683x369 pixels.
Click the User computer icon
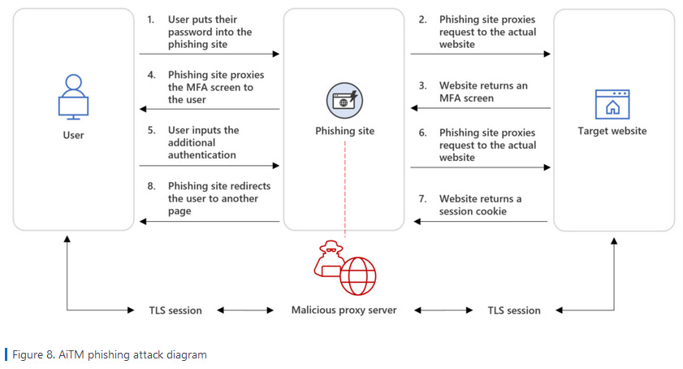(73, 96)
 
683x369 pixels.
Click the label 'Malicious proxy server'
(344, 310)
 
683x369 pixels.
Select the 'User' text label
(73, 134)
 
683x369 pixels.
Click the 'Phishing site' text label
(344, 131)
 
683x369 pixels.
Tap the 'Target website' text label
(612, 131)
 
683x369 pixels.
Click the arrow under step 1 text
(209, 54)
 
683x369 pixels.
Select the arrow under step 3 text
(480, 109)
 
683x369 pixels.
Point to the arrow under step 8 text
(209, 220)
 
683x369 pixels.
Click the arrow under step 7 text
(480, 220)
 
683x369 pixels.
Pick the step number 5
(151, 130)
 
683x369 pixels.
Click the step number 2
(422, 20)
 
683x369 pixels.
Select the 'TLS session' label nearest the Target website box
(513, 310)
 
